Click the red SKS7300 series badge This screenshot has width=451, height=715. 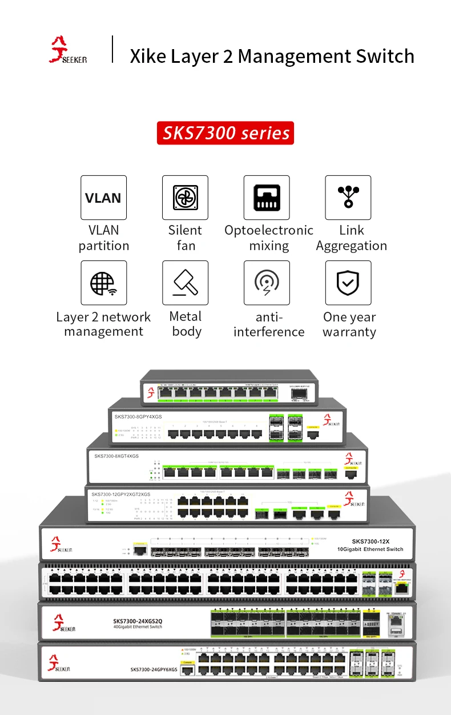click(226, 133)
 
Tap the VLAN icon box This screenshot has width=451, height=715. click(103, 198)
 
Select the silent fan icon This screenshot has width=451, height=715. click(185, 198)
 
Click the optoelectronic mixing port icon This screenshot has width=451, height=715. click(267, 198)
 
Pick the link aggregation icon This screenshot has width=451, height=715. click(348, 198)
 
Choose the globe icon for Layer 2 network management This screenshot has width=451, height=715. click(103, 283)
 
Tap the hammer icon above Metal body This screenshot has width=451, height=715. click(185, 283)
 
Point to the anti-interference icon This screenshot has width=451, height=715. click(267, 283)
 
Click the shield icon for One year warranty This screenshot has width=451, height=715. click(348, 283)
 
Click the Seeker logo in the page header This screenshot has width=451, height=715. click(67, 50)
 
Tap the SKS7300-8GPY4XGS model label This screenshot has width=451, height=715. click(138, 417)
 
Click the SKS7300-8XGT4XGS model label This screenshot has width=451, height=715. click(116, 456)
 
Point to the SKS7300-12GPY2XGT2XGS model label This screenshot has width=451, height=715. click(121, 494)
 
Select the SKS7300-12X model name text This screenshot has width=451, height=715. click(370, 541)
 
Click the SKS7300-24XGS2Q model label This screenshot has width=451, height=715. click(138, 621)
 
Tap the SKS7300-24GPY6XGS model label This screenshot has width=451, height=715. click(154, 669)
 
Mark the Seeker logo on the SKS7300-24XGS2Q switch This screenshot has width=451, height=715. click(64, 623)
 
